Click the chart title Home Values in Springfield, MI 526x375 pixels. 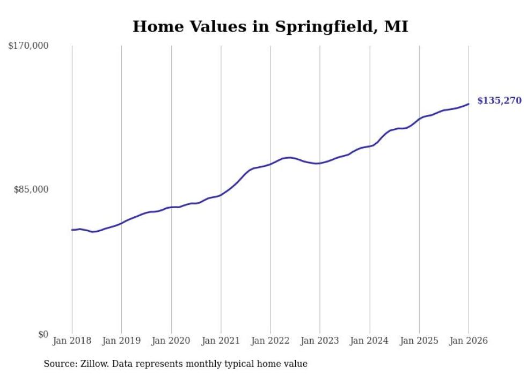tap(270, 26)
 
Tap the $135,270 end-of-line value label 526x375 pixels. tap(499, 100)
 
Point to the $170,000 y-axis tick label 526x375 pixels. tap(28, 46)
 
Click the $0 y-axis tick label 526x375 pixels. tap(42, 334)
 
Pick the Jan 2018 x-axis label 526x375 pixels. tap(72, 341)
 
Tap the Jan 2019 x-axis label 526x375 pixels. tap(121, 341)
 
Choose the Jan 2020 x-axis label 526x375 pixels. tap(171, 341)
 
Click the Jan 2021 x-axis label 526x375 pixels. tap(221, 341)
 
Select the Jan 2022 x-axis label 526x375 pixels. tap(271, 341)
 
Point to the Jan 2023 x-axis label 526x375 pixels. tap(320, 341)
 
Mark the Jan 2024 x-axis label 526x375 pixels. tap(370, 341)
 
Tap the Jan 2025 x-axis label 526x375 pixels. tap(419, 341)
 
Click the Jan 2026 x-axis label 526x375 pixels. tap(469, 341)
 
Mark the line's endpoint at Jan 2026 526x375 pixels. tap(469, 104)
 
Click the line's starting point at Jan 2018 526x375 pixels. tap(72, 230)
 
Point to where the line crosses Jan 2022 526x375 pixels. tap(271, 164)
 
